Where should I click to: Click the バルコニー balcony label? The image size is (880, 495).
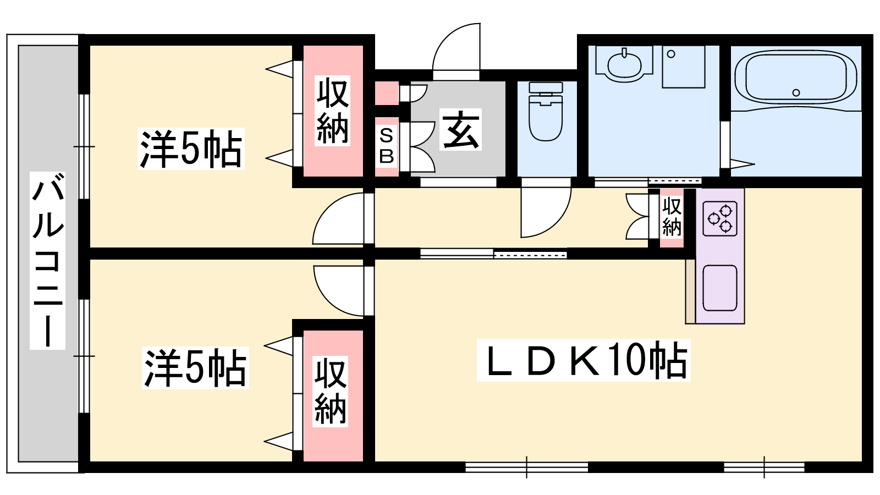click(x=47, y=261)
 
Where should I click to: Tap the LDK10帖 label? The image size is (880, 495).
click(x=584, y=360)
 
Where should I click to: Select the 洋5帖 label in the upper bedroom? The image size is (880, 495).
click(x=191, y=148)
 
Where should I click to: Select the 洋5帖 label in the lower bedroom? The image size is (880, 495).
click(x=195, y=368)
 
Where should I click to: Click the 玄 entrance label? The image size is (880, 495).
click(x=460, y=129)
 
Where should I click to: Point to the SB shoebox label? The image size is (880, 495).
click(x=386, y=146)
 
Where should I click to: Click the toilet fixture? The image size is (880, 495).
click(x=546, y=111)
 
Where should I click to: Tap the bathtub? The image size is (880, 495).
click(x=796, y=79)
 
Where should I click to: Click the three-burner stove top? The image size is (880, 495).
click(x=720, y=219)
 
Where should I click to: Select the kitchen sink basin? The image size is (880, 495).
click(x=720, y=288)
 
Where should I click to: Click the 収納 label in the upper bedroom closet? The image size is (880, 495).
click(x=332, y=111)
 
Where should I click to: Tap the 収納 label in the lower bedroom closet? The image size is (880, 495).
click(x=330, y=391)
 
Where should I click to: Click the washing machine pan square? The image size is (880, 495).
click(x=683, y=67)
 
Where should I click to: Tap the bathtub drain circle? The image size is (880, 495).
click(x=796, y=93)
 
